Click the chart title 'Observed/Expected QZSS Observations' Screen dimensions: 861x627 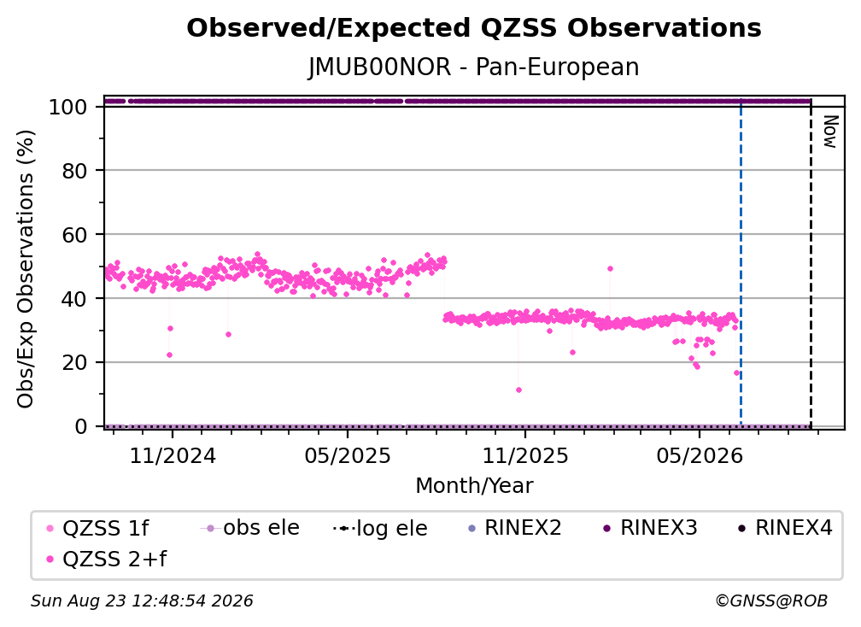coord(474,28)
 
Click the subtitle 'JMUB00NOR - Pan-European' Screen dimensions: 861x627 coord(474,67)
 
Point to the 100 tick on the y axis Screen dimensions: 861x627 coord(68,107)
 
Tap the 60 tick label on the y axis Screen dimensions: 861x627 coord(74,234)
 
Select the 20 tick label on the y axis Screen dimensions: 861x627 coord(74,362)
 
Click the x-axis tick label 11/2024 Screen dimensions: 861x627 coord(173,455)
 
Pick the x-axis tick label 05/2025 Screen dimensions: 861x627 coord(348,455)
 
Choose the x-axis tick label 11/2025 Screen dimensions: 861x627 coord(525,455)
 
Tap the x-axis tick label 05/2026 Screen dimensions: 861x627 coord(699,455)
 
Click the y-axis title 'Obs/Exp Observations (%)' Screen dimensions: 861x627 coord(26,269)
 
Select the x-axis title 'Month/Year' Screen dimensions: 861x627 coord(474,485)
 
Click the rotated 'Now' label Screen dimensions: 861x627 coord(829,132)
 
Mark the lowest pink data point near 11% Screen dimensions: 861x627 coord(519,390)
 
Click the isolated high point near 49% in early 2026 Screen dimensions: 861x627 coord(610,268)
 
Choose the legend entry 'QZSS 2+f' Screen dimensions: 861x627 coord(107,559)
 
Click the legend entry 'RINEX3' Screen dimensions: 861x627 coord(651,528)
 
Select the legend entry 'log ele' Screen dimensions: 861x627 coord(380,528)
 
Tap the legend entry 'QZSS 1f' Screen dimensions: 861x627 coord(97,528)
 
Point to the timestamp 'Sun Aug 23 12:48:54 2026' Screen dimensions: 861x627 coord(142,601)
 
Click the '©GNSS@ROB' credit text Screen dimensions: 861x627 coord(771,601)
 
